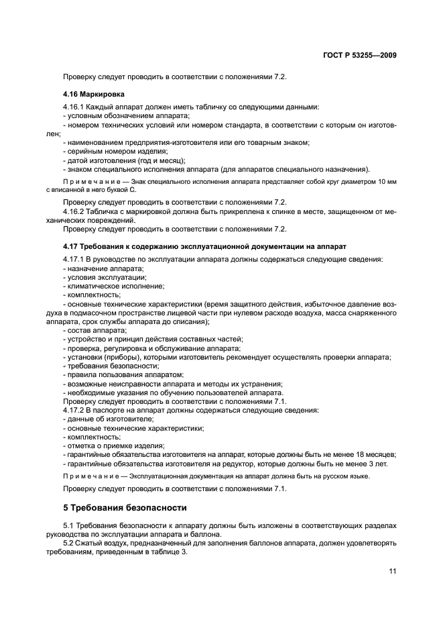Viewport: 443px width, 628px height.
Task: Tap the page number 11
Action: [393, 571]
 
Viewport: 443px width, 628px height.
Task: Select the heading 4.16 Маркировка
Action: [94, 94]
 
